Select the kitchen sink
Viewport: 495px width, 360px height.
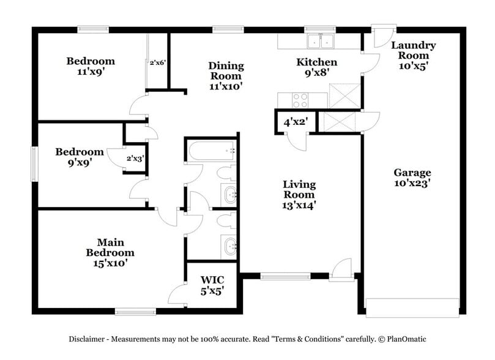click(x=321, y=42)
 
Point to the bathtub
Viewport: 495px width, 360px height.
click(x=212, y=151)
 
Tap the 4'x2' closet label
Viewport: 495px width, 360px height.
click(x=295, y=122)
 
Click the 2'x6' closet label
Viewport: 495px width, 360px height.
click(x=158, y=62)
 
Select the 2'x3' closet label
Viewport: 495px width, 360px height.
click(x=135, y=158)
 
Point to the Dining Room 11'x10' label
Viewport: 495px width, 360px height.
click(x=226, y=75)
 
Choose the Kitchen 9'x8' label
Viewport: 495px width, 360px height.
click(x=316, y=67)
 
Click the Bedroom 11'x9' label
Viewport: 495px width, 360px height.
click(x=91, y=66)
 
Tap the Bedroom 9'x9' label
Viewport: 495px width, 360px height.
click(x=80, y=157)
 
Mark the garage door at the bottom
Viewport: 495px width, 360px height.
click(x=412, y=304)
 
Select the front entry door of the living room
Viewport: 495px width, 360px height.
click(x=341, y=271)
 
